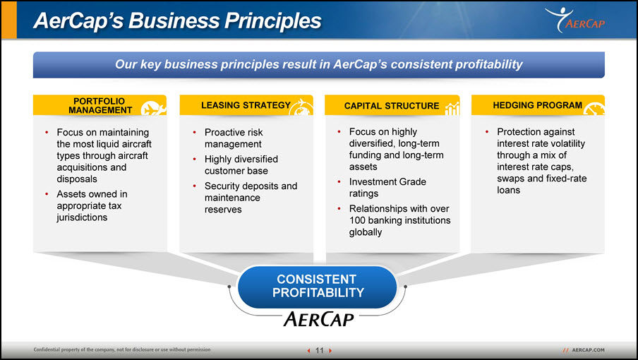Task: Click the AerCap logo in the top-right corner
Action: (575, 20)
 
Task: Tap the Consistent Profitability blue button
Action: (318, 287)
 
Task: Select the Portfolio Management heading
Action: (100, 105)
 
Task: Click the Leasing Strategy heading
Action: (246, 105)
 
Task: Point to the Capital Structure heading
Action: (392, 106)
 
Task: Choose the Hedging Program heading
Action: (538, 105)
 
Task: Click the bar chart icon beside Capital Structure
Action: (452, 109)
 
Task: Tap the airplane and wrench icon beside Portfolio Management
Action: (153, 108)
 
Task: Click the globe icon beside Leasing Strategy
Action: (301, 107)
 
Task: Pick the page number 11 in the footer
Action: (320, 350)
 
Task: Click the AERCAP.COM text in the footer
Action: (588, 350)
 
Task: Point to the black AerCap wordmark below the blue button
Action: (318, 319)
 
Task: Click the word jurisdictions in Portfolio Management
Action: (82, 217)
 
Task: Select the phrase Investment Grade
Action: (387, 182)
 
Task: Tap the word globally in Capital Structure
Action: (366, 232)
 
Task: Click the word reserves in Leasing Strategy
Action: (223, 210)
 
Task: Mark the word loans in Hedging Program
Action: (508, 190)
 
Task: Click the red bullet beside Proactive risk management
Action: (195, 132)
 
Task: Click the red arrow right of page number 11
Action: (330, 351)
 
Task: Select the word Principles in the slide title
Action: (273, 20)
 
